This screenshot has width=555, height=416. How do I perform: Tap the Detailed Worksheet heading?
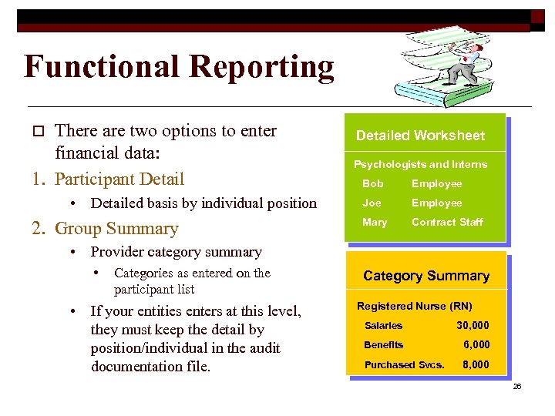420,136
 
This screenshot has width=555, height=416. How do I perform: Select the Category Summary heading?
426,276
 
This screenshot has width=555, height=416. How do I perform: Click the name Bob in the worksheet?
372,183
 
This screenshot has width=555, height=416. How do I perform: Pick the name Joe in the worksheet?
372,203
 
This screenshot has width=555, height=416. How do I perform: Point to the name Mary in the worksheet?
375,222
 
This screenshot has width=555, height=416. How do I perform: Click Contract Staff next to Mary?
447,222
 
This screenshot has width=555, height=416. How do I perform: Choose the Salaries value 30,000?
473,325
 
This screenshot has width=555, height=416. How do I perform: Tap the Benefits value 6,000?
476,344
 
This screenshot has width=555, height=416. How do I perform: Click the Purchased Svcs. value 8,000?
476,364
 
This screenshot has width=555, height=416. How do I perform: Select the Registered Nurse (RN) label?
414,306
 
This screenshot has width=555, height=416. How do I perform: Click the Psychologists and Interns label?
420,164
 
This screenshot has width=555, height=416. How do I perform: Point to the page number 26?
517,386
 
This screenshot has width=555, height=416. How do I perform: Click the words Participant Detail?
120,179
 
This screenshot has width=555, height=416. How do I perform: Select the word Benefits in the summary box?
383,344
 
